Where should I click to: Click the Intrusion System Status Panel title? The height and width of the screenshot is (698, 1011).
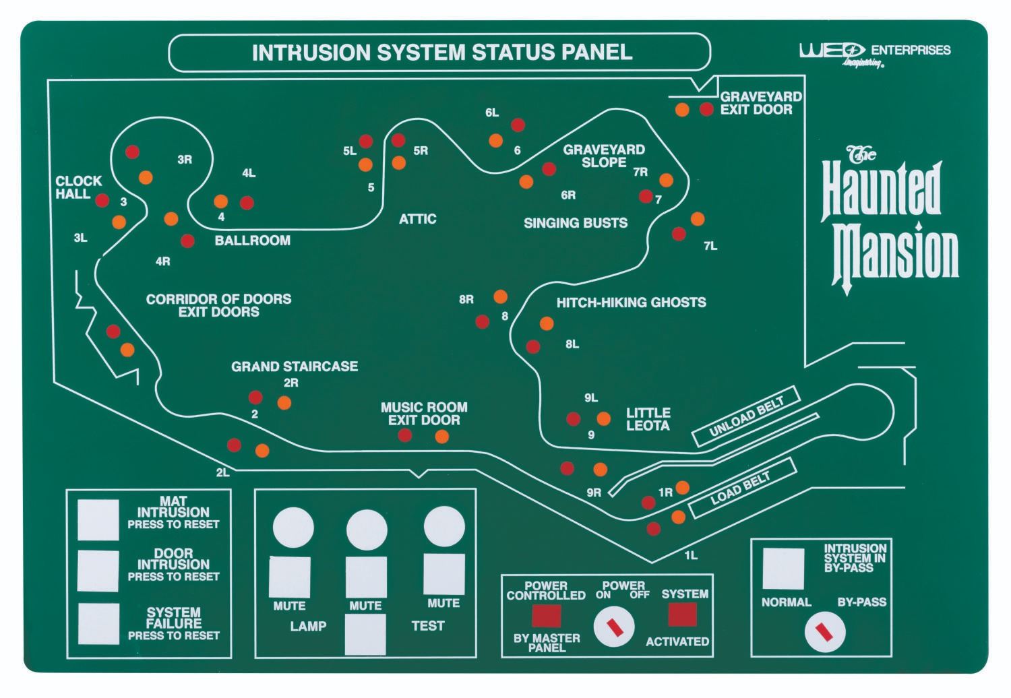pos(441,53)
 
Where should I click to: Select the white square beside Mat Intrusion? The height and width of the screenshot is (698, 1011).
pos(98,519)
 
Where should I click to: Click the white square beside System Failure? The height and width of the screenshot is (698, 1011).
pos(98,623)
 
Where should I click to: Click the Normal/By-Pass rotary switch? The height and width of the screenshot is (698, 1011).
pos(824,632)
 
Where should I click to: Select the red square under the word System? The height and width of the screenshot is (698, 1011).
pos(682,614)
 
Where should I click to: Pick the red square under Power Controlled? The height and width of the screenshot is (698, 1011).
pos(546,614)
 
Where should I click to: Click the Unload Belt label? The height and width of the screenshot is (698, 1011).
pos(746,416)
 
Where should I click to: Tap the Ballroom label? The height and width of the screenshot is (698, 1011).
pos(252,241)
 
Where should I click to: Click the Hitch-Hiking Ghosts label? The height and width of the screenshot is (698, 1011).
pos(631,303)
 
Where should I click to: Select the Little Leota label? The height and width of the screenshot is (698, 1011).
pos(648,419)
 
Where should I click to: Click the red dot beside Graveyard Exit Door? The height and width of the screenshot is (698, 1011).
pos(706,109)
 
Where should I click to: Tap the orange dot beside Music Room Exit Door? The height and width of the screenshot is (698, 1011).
pos(441,437)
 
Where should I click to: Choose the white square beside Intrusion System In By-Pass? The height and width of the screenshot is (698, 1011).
pos(783,568)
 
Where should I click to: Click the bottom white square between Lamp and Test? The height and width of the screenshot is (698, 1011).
pos(365,634)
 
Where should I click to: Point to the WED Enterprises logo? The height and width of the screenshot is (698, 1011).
pos(874,53)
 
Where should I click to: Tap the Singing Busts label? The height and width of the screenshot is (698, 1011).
pos(575,223)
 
